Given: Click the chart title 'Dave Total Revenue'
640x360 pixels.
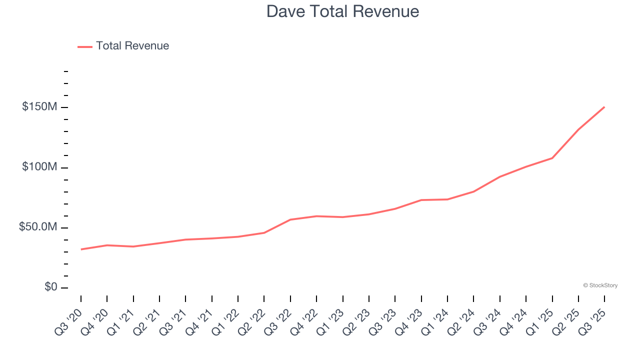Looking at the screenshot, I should click(342, 11).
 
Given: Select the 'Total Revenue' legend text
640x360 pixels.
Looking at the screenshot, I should click(132, 46).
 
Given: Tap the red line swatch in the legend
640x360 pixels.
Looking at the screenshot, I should click(85, 46).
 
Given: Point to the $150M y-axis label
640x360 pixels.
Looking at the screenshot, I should click(39, 107).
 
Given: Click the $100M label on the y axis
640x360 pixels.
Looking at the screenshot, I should click(39, 167).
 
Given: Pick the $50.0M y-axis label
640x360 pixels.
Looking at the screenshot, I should click(38, 227).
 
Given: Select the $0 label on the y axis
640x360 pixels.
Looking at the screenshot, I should click(51, 287).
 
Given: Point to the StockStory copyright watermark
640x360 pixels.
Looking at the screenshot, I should click(600, 285).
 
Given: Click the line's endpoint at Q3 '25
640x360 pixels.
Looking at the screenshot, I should click(604, 107).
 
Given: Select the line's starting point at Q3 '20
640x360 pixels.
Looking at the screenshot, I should click(81, 249).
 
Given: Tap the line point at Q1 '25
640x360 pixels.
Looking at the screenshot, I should click(552, 158).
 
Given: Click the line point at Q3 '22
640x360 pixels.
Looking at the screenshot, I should click(290, 219).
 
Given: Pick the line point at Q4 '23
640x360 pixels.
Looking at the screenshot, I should click(421, 200).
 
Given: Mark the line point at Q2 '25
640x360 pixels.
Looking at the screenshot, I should click(578, 129).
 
